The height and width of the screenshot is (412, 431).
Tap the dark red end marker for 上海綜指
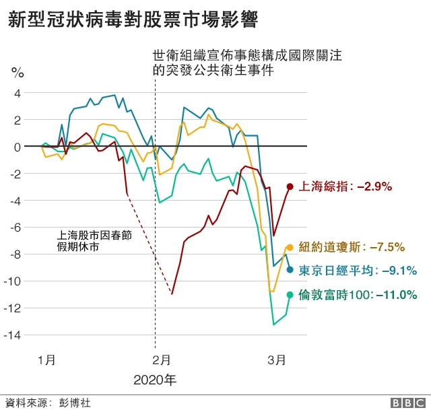(290, 186)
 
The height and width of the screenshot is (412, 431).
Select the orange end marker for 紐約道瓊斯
(290, 247)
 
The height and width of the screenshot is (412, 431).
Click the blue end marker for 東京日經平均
(290, 270)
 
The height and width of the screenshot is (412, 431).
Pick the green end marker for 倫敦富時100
(290, 294)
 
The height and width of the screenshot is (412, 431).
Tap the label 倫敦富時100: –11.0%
(358, 294)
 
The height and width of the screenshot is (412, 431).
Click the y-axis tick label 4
(18, 93)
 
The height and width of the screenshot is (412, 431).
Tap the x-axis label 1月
(46, 360)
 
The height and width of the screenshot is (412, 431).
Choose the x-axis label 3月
(274, 360)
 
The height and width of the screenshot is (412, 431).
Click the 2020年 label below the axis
(155, 380)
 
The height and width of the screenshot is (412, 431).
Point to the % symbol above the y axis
(18, 72)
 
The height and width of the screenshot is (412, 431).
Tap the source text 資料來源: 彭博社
(47, 403)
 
